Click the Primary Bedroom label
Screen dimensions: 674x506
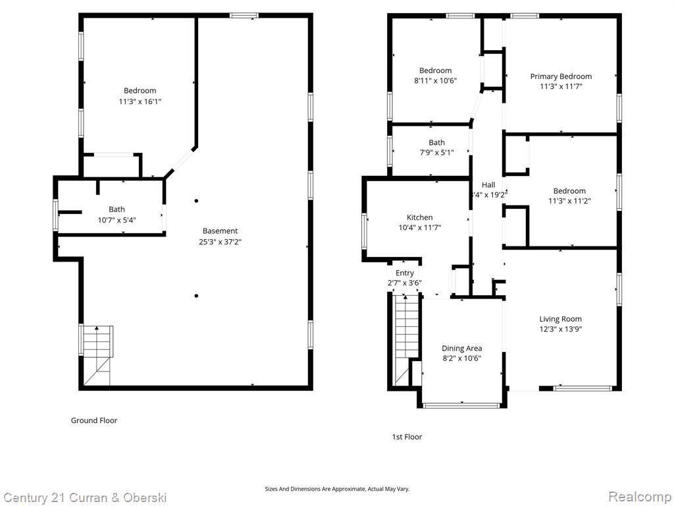(x=561, y=76)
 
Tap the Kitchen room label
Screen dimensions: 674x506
(x=419, y=217)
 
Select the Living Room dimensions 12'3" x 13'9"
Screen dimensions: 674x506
(x=561, y=329)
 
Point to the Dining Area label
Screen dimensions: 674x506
(x=461, y=348)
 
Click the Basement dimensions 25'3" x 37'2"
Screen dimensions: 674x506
(x=220, y=241)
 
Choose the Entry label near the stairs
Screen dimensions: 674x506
(x=405, y=273)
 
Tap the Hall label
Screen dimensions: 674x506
(x=488, y=184)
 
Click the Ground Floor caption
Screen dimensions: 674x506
(x=93, y=420)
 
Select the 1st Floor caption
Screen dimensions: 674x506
(x=407, y=437)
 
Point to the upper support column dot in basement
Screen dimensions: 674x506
(x=196, y=200)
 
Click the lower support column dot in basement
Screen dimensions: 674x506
(x=196, y=296)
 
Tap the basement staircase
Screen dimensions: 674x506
(x=97, y=355)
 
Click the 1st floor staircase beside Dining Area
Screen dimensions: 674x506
(x=405, y=340)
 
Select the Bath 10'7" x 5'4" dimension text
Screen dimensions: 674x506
(x=117, y=220)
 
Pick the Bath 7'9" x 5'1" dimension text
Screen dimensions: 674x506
(x=437, y=152)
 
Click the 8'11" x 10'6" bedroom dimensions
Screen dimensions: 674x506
(x=435, y=80)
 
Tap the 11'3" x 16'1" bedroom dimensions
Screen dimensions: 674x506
(x=140, y=101)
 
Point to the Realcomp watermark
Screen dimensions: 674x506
(x=640, y=496)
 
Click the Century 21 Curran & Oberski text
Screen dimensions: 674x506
(x=85, y=497)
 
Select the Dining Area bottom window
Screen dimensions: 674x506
(x=461, y=405)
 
